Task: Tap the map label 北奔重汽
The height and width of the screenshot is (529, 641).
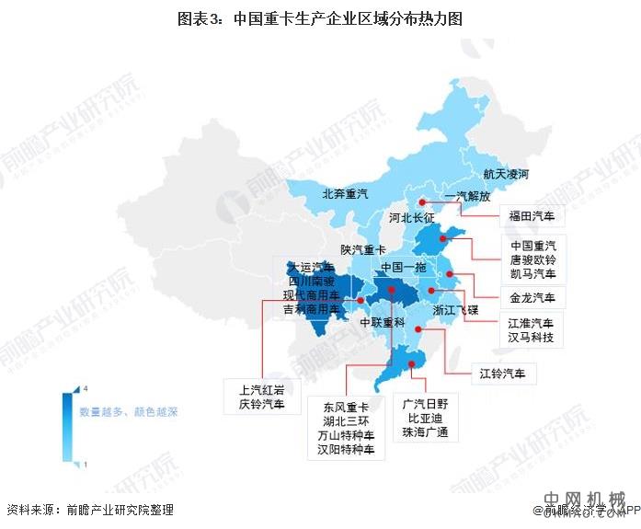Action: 344,194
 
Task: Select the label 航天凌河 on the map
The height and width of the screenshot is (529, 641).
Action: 506,174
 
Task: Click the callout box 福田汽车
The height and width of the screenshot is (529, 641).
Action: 533,218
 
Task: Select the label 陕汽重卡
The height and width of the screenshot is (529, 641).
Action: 363,249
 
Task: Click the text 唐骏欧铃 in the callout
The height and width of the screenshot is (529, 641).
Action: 533,260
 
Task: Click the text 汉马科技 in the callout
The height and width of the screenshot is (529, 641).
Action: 532,338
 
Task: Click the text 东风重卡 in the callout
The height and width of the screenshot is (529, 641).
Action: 345,406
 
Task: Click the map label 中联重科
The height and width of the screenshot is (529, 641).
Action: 382,323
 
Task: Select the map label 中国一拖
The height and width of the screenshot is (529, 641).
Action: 394,266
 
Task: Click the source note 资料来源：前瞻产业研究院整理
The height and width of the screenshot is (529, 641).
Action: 89,509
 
